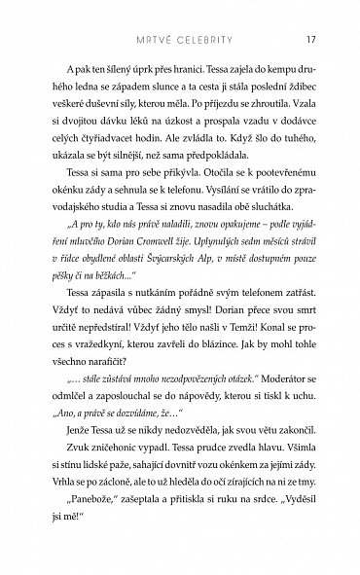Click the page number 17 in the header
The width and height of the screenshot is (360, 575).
tap(307, 14)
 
